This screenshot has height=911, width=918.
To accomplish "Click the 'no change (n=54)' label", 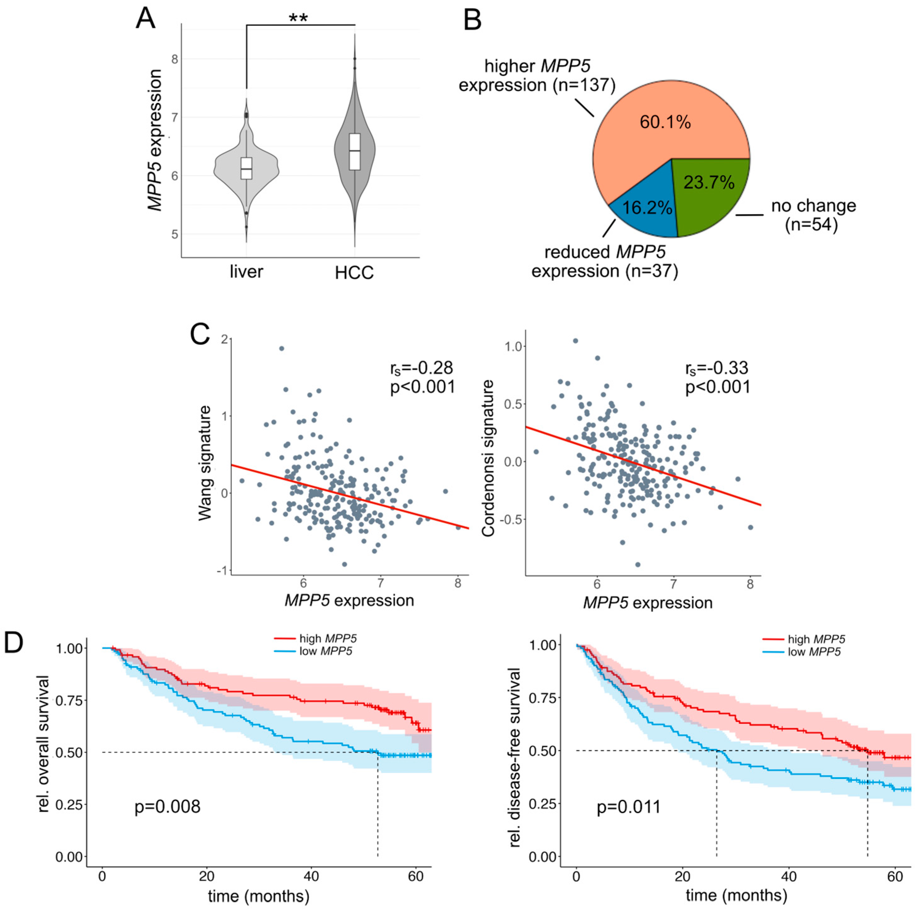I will click(813, 215).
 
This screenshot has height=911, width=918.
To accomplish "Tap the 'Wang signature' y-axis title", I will click(205, 463).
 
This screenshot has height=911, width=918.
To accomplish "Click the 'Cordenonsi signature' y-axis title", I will click(488, 459).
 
